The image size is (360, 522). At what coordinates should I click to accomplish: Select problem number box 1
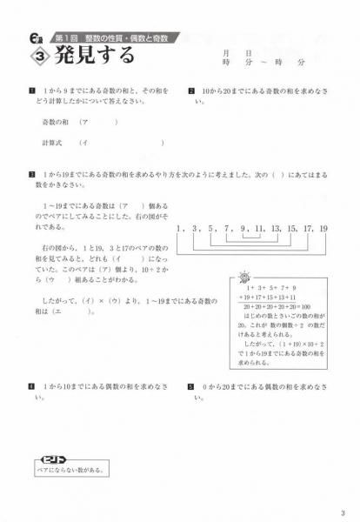pyautogui.click(x=31, y=90)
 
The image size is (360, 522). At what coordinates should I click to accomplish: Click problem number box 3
pyautogui.click(x=31, y=173)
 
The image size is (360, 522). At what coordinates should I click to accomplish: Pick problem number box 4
pyautogui.click(x=31, y=385)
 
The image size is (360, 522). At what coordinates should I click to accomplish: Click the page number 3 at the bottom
pyautogui.click(x=344, y=512)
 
